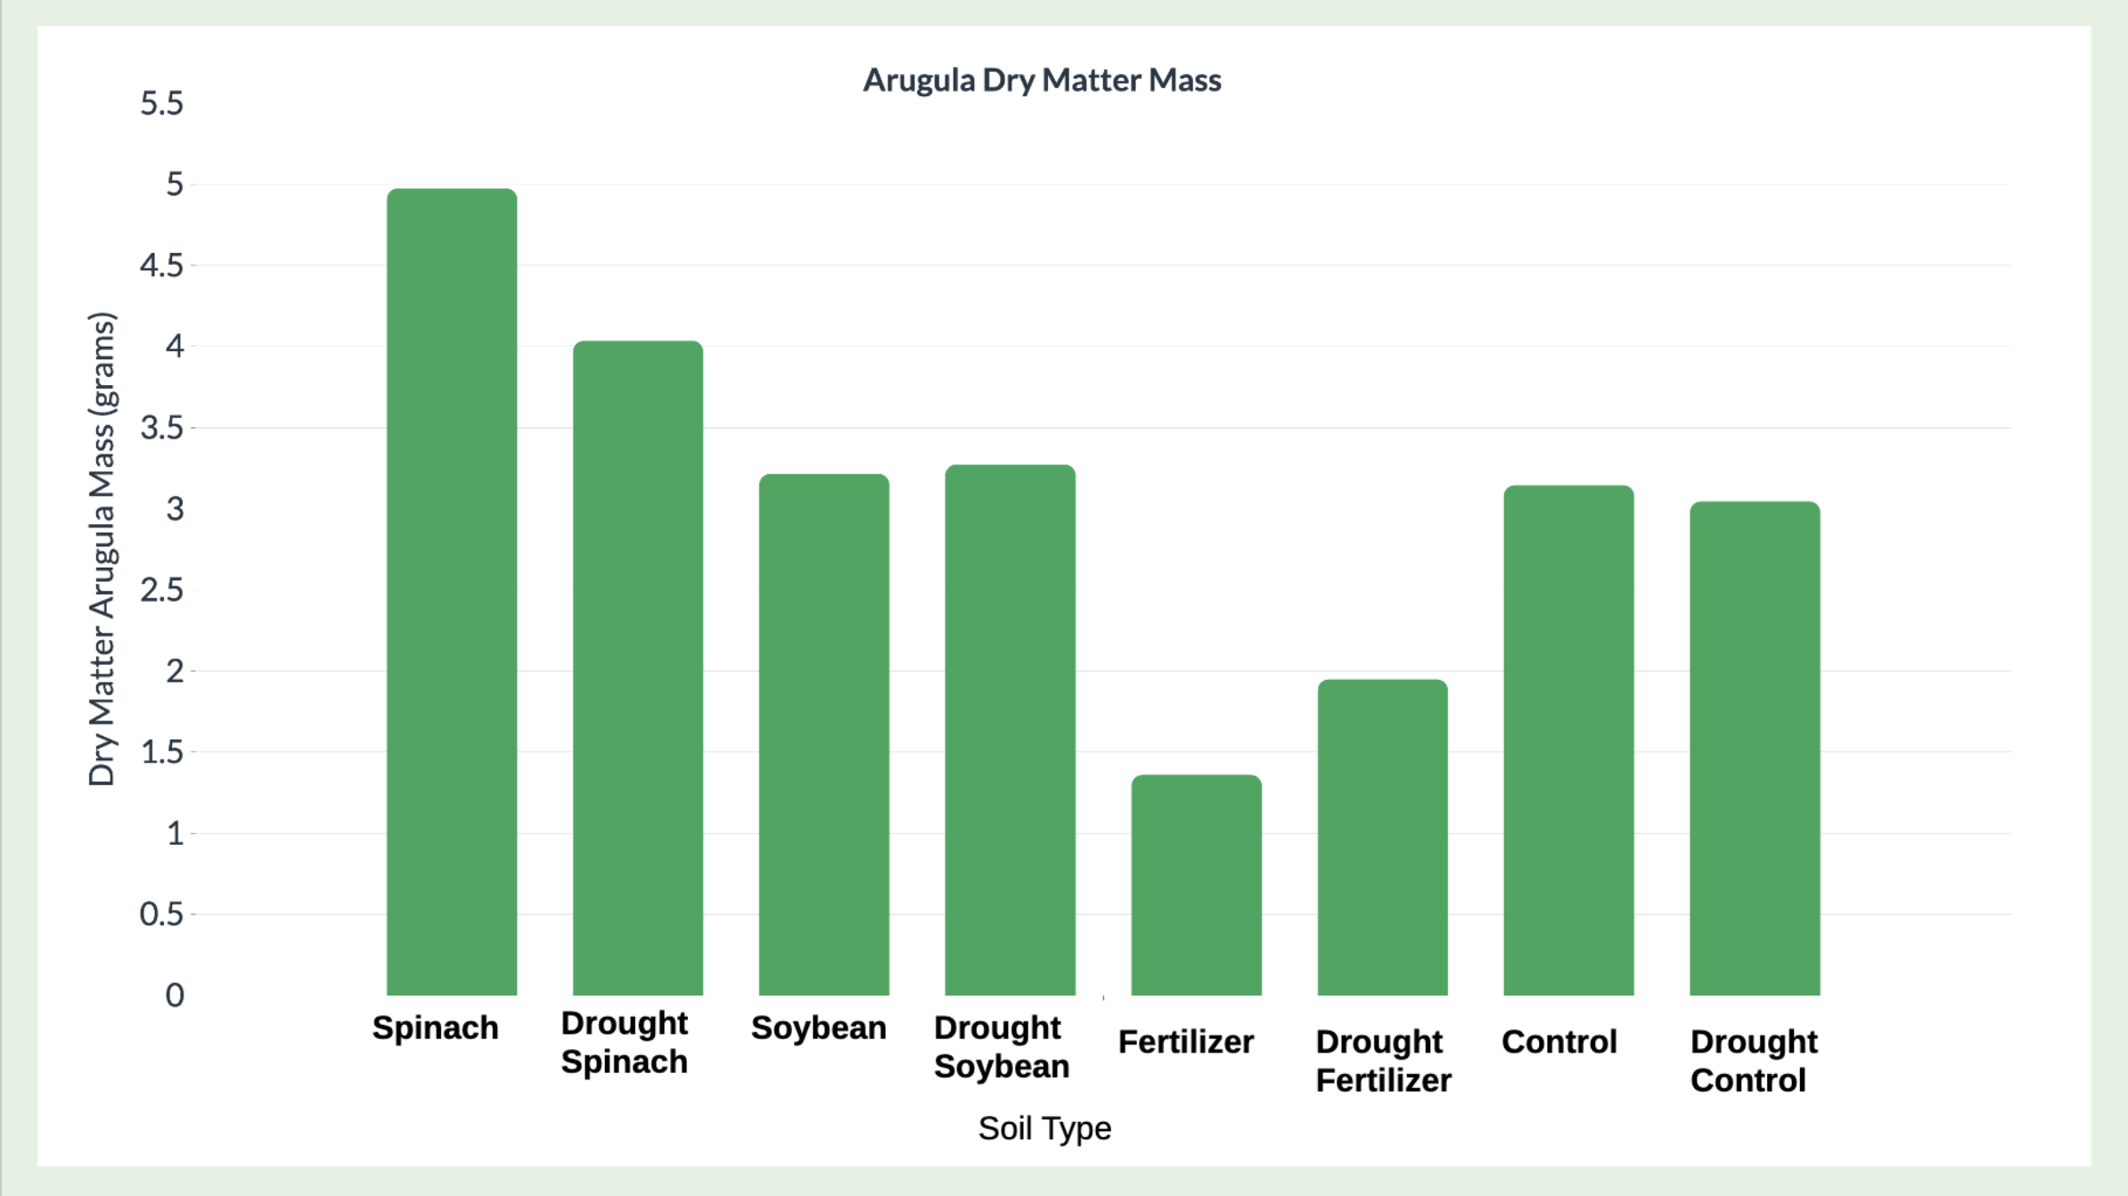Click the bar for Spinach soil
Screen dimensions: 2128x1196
point(452,592)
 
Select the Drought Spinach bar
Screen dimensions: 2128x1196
point(638,668)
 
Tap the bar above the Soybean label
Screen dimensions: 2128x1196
point(824,734)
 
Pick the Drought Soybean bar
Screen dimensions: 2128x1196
point(1011,730)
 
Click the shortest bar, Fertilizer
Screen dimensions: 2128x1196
point(1197,885)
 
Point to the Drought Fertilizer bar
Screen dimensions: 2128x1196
point(1383,837)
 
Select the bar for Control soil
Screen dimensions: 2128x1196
point(1569,740)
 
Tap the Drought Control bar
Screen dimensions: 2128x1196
point(1756,748)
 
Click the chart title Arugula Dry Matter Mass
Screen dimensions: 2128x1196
point(1042,80)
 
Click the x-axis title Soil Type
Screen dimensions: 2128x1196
point(1044,1128)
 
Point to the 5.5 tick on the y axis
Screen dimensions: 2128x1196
point(161,103)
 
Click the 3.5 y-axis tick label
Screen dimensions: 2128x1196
point(161,428)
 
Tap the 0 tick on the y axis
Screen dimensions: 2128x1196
point(175,995)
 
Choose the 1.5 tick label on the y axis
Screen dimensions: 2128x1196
point(161,752)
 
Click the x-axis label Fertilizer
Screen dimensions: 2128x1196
point(1186,1042)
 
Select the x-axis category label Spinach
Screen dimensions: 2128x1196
point(435,1028)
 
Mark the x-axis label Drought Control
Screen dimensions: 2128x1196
point(1754,1061)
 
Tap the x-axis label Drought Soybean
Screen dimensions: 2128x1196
point(1002,1046)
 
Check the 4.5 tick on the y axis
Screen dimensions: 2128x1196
point(161,266)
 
